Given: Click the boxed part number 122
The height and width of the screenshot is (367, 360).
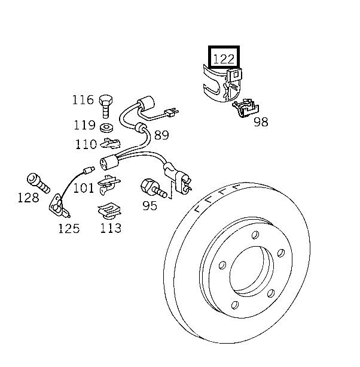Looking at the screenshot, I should tap(222, 59).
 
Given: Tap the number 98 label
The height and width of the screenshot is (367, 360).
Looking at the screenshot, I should tap(261, 122).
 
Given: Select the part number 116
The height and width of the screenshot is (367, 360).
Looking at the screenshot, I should tap(83, 99).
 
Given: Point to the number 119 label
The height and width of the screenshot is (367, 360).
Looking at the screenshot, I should tap(84, 125).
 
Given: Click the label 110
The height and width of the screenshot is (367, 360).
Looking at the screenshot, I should tap(86, 144).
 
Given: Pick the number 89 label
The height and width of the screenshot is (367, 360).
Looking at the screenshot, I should tap(161, 135).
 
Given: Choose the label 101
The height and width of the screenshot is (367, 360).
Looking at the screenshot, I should tap(84, 189).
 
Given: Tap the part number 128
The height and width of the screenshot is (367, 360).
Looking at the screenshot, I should tap(28, 198).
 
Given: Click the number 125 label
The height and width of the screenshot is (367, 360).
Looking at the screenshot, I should tap(68, 228).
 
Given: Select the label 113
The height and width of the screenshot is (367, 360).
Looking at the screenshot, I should tap(111, 228).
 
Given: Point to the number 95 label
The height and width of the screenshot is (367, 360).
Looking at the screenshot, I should tap(150, 206).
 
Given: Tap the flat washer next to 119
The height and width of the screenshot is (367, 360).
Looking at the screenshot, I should tap(108, 128).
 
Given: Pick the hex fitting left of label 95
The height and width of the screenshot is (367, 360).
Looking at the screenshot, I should tap(149, 187).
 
